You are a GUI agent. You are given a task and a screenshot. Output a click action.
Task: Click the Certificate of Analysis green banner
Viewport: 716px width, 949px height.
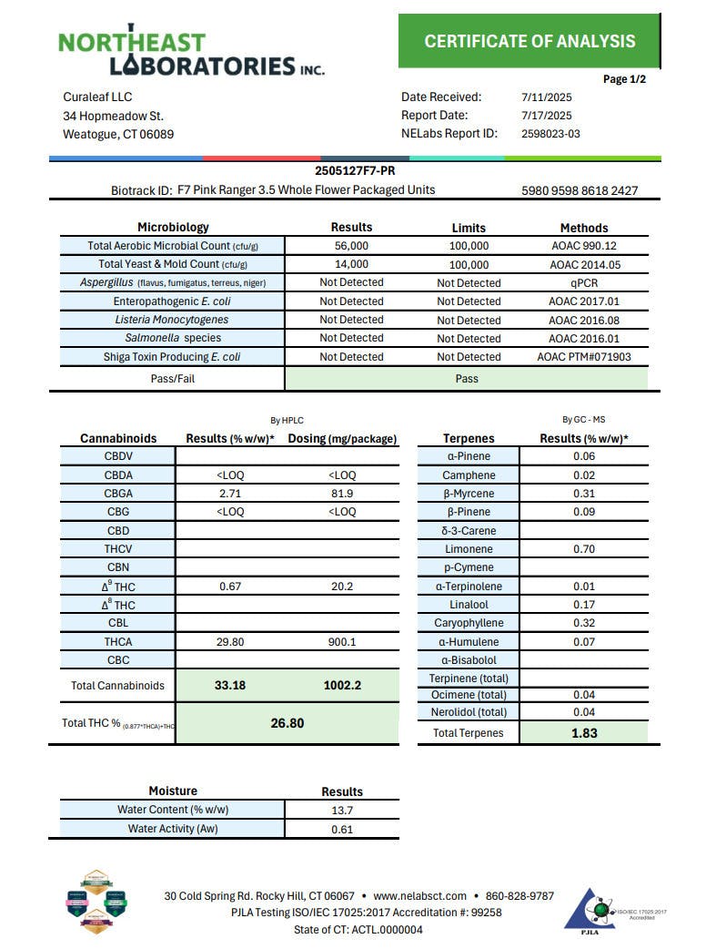point(529,41)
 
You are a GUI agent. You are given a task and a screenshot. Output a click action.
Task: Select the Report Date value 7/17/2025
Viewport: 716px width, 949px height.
point(546,116)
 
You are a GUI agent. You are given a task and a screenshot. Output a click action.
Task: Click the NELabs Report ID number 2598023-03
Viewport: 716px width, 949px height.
point(550,134)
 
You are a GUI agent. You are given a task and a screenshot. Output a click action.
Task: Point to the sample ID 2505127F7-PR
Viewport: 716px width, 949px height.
point(355,170)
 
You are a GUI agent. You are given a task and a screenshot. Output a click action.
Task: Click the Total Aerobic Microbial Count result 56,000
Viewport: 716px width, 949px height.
point(351,246)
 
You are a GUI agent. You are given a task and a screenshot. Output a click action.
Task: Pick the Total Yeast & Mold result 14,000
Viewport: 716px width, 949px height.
point(351,264)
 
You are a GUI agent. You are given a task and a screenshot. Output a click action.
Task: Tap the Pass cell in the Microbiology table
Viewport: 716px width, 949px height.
point(467,378)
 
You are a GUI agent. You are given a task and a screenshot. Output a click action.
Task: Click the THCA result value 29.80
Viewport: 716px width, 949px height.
point(230,642)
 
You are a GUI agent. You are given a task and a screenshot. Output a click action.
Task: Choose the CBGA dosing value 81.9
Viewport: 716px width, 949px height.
point(343,494)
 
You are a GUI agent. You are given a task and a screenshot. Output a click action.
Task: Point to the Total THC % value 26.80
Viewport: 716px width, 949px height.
point(287,723)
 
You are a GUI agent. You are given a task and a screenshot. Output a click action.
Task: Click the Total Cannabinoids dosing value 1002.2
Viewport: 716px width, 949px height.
point(343,685)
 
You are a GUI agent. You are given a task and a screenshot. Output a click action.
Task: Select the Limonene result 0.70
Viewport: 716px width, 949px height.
point(584,549)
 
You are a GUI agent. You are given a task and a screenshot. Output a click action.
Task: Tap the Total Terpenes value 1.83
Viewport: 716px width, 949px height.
point(584,733)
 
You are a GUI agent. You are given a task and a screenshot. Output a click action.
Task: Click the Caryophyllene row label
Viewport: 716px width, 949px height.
point(469,623)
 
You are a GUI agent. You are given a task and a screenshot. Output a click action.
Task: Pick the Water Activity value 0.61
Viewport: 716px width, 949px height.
point(342,829)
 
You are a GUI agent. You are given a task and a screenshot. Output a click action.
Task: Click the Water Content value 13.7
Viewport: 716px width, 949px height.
point(342,810)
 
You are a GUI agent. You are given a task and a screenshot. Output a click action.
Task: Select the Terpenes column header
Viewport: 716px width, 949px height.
point(469,438)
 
